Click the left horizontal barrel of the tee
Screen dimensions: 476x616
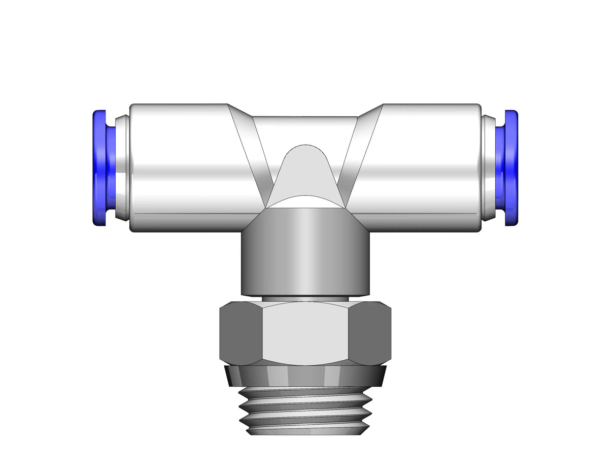tap(188, 167)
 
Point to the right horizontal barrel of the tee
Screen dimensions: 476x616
tap(421, 167)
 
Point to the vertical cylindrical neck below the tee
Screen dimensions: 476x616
tap(304, 254)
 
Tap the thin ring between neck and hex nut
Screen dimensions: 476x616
tap(304, 299)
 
